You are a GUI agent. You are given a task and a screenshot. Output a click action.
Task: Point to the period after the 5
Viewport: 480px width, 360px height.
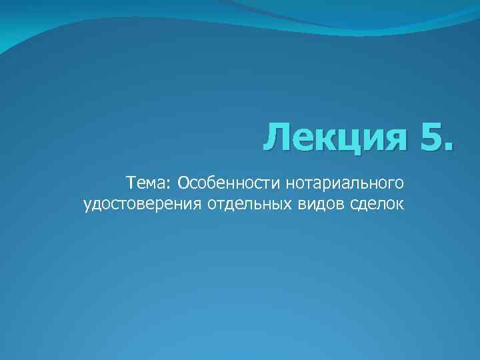446,147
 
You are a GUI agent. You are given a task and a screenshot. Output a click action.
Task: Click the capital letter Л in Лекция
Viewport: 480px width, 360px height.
275,138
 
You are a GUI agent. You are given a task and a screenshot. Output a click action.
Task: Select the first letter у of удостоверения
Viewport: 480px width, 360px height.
87,205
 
